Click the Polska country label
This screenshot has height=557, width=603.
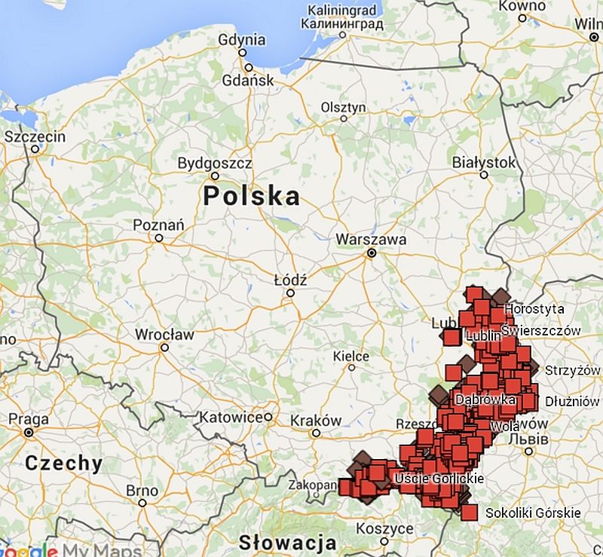pyautogui.click(x=251, y=197)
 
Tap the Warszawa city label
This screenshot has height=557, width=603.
pyautogui.click(x=371, y=240)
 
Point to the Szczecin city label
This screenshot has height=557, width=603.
pyautogui.click(x=35, y=136)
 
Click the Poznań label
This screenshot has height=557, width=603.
pyautogui.click(x=158, y=225)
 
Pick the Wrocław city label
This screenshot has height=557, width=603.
pyautogui.click(x=164, y=334)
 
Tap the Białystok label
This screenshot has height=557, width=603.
pyautogui.click(x=484, y=162)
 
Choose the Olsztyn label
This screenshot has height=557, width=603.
pyautogui.click(x=343, y=107)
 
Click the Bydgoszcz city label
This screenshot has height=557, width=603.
pyautogui.click(x=214, y=163)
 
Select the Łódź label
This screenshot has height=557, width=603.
pyautogui.click(x=290, y=280)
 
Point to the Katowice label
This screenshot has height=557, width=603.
pyautogui.click(x=235, y=417)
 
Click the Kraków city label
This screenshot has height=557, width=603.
pyautogui.click(x=316, y=421)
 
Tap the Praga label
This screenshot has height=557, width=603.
pyautogui.click(x=28, y=419)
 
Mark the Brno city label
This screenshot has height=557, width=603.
pyautogui.click(x=142, y=491)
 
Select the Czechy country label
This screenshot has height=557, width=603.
pyautogui.click(x=63, y=463)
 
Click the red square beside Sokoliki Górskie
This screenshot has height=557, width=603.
pyautogui.click(x=470, y=513)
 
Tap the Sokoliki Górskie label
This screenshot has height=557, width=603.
pyautogui.click(x=533, y=513)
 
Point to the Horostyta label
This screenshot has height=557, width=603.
pyautogui.click(x=534, y=309)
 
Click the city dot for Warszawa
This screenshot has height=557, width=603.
pyautogui.click(x=371, y=254)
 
